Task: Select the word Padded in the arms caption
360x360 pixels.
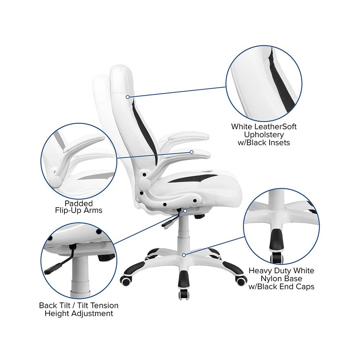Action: pyautogui.click(x=78, y=203)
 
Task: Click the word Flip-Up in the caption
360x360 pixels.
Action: pyautogui.click(x=68, y=210)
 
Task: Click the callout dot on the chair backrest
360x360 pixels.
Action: pyautogui.click(x=128, y=97)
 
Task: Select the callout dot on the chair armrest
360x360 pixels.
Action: pyautogui.click(x=192, y=152)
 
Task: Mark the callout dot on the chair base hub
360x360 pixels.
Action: pyautogui.click(x=184, y=255)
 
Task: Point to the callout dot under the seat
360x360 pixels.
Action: pyautogui.click(x=185, y=211)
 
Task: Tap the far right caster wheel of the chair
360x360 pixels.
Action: pyautogui.click(x=241, y=281)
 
